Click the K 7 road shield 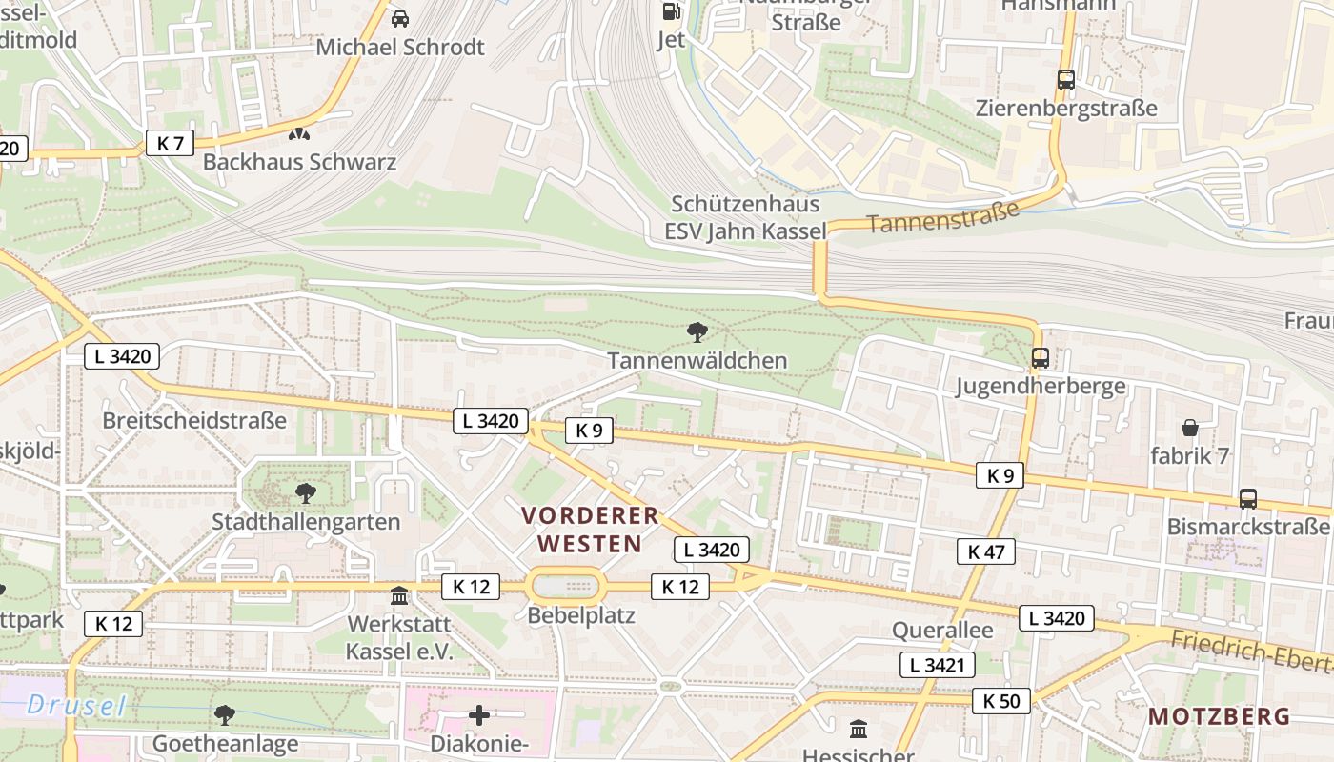click(170, 144)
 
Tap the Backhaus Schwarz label click(299, 162)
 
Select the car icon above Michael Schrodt click(400, 18)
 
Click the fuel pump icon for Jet click(672, 11)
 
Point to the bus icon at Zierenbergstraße click(1066, 80)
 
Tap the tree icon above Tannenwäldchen click(697, 332)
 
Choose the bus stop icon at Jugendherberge click(1041, 358)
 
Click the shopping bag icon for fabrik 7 click(1189, 428)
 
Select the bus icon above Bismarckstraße click(1247, 498)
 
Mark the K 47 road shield click(986, 551)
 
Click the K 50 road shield click(1001, 702)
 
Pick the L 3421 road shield click(938, 665)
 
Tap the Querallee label click(942, 631)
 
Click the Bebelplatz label click(581, 615)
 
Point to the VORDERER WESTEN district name click(590, 530)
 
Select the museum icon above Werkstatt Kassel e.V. click(399, 596)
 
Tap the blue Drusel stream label click(76, 706)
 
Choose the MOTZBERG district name click(1219, 716)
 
